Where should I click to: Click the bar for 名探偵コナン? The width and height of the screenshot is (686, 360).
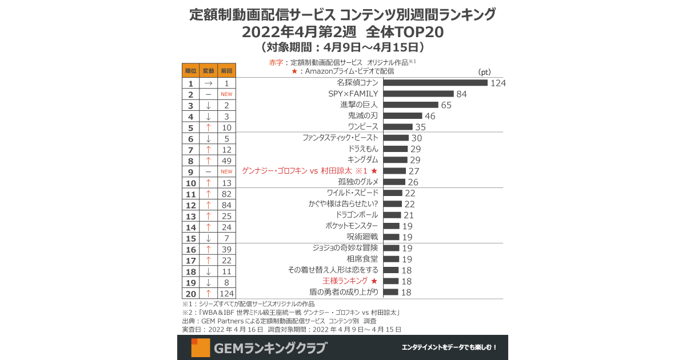pos(434,83)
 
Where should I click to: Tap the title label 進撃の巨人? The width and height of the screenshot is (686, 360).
pos(359,105)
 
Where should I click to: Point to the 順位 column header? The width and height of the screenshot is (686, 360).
pos(191,71)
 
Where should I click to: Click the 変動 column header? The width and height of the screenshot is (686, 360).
pos(209,71)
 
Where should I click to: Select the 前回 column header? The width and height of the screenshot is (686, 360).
pos(226,71)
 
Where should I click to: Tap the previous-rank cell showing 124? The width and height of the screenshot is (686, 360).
pos(226,294)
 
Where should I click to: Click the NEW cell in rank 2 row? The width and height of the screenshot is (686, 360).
pos(226,94)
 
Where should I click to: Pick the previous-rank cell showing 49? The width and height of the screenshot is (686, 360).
pos(226,161)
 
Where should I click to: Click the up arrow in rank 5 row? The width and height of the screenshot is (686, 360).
pos(209,127)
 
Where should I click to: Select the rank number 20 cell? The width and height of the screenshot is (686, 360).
pos(191,294)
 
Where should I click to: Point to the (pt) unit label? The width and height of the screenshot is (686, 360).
pos(484,73)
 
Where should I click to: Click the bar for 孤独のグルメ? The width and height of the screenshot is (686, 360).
pos(393,182)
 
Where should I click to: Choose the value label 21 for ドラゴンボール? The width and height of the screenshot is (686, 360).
pos(409,215)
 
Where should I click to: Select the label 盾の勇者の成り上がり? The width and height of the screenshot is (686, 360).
pos(347,292)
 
